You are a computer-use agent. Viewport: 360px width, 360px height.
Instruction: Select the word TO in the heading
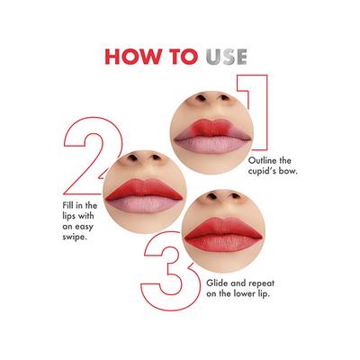coord(180,57)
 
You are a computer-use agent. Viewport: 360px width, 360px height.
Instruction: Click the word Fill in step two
coord(59,207)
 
